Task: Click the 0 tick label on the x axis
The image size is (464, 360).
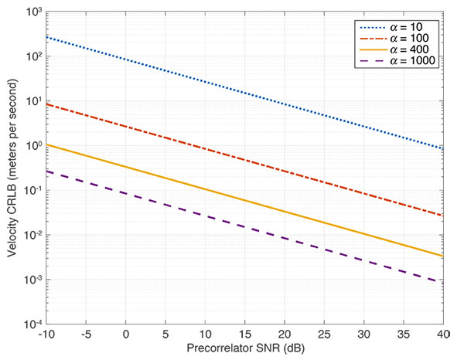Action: [125, 335]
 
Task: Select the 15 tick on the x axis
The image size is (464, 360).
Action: [244, 335]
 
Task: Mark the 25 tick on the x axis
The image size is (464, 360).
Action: [324, 335]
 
